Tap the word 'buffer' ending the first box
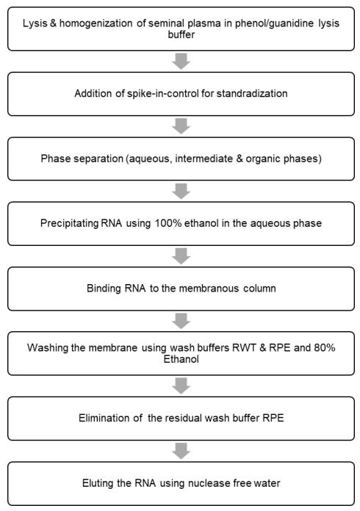[x=181, y=35]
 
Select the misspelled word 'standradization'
[x=252, y=93]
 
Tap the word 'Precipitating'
[x=69, y=223]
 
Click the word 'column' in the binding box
[x=259, y=289]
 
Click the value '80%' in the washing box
[x=325, y=348]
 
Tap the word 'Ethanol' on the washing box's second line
[x=181, y=359]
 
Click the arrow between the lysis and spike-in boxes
[x=181, y=61]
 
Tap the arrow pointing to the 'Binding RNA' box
[x=181, y=255]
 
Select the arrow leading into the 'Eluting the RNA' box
[x=181, y=451]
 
